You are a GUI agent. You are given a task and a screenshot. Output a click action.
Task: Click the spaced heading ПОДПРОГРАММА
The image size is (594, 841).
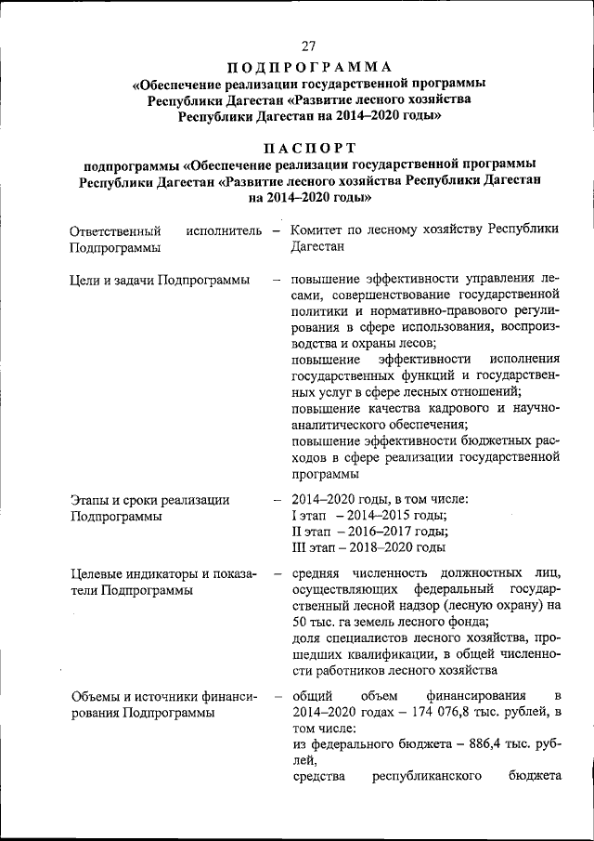pyautogui.click(x=309, y=67)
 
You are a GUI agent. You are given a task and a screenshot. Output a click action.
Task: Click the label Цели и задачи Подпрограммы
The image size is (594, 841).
pyautogui.click(x=159, y=279)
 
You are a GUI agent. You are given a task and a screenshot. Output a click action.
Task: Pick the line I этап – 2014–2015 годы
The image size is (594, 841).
pyautogui.click(x=368, y=516)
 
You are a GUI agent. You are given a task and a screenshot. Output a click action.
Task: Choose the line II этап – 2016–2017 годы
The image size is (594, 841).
pyautogui.click(x=369, y=532)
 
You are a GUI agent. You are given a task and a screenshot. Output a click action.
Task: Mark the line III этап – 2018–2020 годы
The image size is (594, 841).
pyautogui.click(x=368, y=548)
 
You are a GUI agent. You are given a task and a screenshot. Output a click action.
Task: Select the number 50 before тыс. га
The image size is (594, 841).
pyautogui.click(x=299, y=621)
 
